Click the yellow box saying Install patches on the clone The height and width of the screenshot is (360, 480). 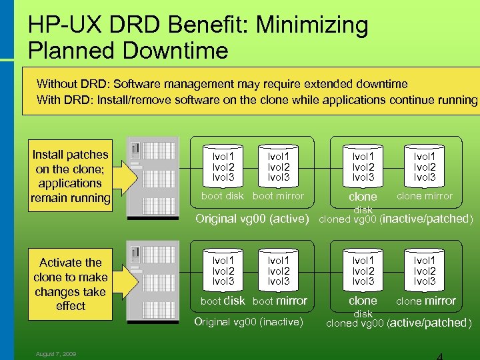pyautogui.click(x=71, y=176)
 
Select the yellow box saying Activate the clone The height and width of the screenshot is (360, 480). pyautogui.click(x=71, y=284)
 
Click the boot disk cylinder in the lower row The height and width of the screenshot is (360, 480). pyautogui.click(x=223, y=271)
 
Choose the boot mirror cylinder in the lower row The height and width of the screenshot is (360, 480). pyautogui.click(x=279, y=271)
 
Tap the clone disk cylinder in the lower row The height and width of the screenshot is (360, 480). pyautogui.click(x=363, y=271)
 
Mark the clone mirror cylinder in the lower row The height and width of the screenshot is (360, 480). pyautogui.click(x=425, y=271)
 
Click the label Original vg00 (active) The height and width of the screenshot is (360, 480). pyautogui.click(x=252, y=219)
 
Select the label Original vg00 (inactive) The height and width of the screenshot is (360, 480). pyautogui.click(x=248, y=323)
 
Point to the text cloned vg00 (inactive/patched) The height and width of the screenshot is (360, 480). pyautogui.click(x=397, y=219)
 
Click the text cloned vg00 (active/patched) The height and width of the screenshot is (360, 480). pyautogui.click(x=398, y=323)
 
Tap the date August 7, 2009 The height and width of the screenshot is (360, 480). pyautogui.click(x=56, y=354)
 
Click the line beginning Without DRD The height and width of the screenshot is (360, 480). pyautogui.click(x=222, y=84)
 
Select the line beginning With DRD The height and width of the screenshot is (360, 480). pyautogui.click(x=257, y=100)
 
